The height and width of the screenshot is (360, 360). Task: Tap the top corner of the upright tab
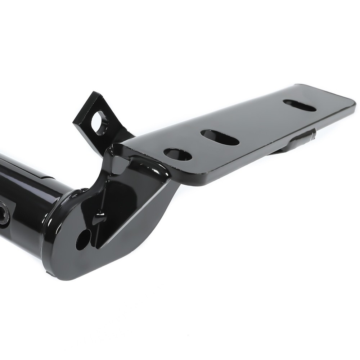coord(94,93)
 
